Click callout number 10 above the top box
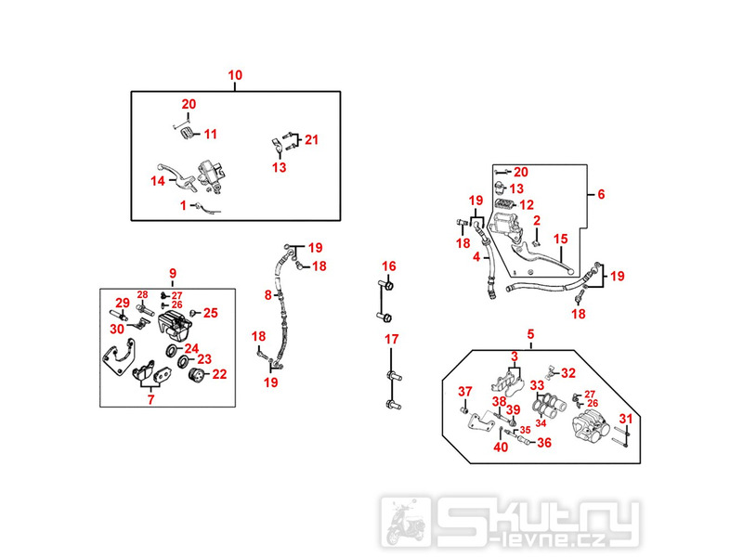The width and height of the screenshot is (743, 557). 235,74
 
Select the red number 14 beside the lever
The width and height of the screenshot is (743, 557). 158,180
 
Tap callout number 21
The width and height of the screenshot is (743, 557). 311,140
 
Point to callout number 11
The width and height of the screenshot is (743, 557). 211,134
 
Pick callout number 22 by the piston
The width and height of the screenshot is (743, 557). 219,374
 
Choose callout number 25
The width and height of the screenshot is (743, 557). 210,313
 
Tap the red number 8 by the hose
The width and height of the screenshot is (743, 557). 267,295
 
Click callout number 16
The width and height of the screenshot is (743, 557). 388,266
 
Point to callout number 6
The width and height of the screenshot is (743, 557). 600,194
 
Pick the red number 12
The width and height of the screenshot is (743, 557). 527,204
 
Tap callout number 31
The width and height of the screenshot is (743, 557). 626,418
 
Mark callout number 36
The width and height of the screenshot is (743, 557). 543,443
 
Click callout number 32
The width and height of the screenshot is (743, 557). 568,372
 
